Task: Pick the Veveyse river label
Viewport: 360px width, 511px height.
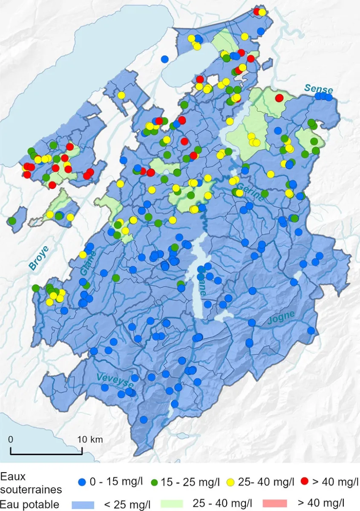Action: coord(115,380)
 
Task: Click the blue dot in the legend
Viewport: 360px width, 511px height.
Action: coord(84,482)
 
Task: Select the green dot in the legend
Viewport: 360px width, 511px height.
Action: coord(155,482)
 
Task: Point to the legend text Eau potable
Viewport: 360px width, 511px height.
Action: coord(30,505)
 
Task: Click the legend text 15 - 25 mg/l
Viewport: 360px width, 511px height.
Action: coord(191,482)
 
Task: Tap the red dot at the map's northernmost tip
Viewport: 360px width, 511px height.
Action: coord(257,11)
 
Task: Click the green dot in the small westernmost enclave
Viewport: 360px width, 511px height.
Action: coord(12,221)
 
